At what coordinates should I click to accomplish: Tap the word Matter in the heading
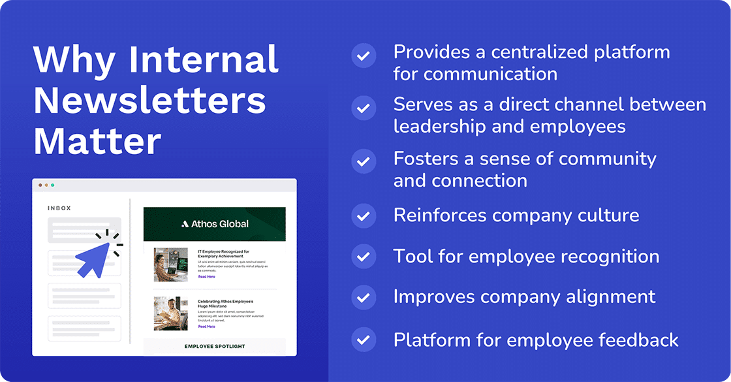coord(97,140)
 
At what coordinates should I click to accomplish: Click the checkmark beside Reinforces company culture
coord(363,215)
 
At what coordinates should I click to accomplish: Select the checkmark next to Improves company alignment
coord(363,297)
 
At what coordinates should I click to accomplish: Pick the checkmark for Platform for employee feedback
coord(363,340)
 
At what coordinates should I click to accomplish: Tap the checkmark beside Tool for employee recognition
coord(363,256)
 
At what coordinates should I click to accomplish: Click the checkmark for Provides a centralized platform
coord(363,56)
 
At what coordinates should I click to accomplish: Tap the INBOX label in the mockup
coord(59,208)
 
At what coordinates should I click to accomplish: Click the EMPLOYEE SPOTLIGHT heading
coord(215,346)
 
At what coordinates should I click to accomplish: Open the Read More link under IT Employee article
coord(206,277)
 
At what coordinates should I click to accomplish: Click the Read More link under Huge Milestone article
coord(206,326)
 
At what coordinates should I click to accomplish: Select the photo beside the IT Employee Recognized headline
coord(170,264)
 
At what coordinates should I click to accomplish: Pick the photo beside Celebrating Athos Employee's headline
coord(170,313)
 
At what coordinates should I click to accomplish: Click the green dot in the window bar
coord(52,185)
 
